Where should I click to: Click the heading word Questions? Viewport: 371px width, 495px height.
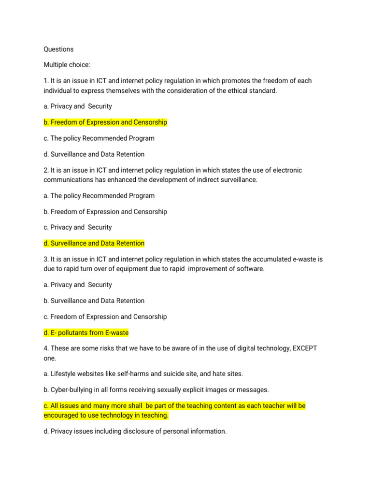point(58,49)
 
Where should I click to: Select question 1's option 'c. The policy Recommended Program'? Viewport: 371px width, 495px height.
point(99,138)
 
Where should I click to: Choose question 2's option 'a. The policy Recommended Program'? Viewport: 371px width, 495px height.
point(99,196)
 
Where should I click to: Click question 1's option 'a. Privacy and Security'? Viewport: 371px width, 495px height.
point(77,106)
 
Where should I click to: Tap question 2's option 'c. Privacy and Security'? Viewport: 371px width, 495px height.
point(77,227)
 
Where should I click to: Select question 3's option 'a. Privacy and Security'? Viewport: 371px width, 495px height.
point(77,285)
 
